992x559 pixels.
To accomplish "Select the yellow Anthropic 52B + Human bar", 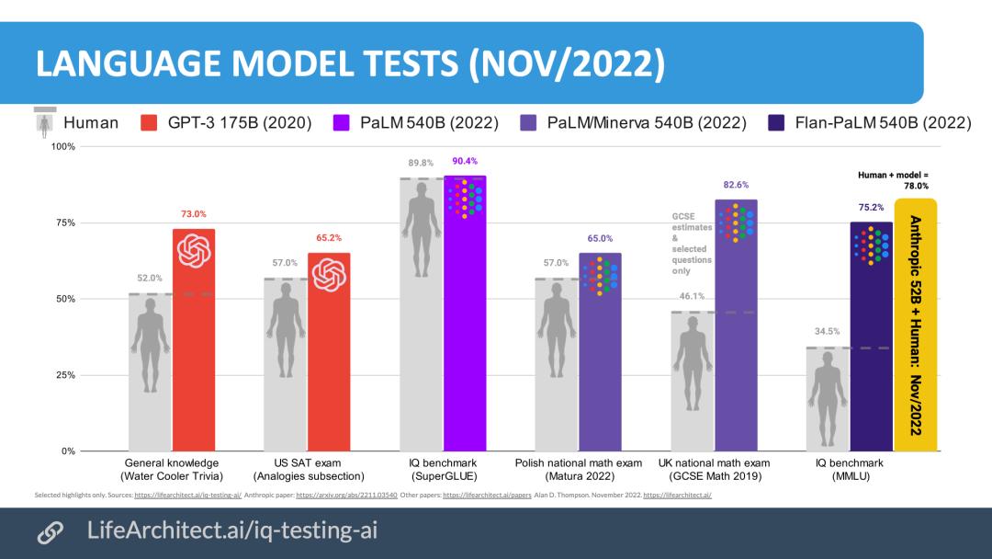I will (915, 325).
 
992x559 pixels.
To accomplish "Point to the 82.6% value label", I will (737, 185).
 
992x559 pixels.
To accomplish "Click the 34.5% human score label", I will (826, 331).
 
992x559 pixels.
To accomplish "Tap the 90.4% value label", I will (465, 162).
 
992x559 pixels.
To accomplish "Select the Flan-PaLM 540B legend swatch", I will (777, 122).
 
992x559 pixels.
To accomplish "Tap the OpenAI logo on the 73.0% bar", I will (193, 250).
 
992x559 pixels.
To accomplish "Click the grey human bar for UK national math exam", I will (693, 386).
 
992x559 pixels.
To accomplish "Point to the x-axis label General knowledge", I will (171, 462).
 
